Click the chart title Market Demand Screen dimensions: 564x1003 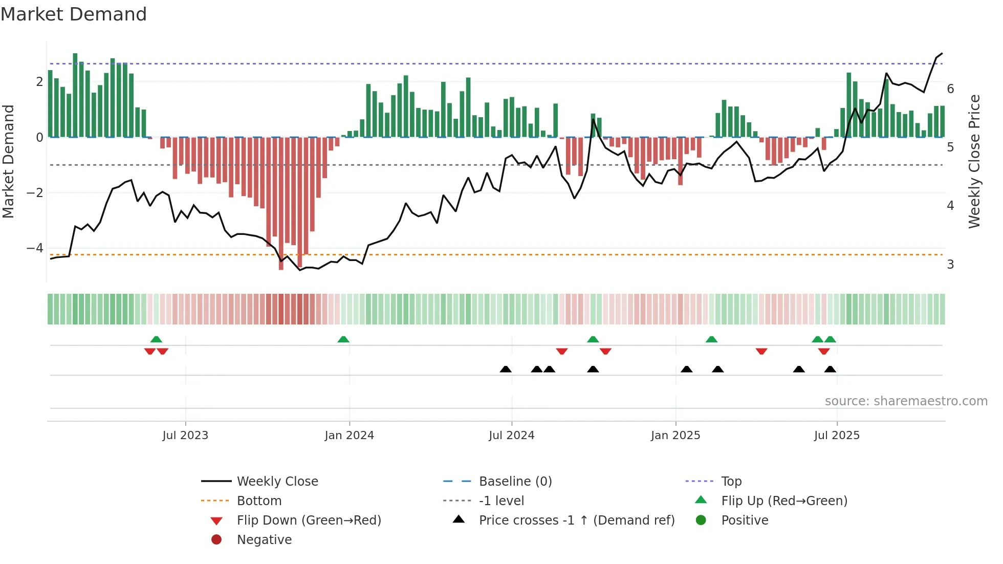click(x=74, y=14)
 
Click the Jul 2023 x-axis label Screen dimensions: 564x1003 click(x=185, y=436)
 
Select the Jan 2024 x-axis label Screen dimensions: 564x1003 click(x=349, y=436)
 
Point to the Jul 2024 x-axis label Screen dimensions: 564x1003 click(x=511, y=436)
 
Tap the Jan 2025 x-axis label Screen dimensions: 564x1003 click(x=675, y=436)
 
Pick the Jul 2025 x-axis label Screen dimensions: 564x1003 click(x=837, y=436)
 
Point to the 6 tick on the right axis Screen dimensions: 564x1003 click(x=950, y=89)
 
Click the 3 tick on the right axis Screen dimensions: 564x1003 click(x=950, y=265)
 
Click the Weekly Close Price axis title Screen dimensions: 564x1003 click(x=974, y=161)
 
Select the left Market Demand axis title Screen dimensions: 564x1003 click(x=8, y=161)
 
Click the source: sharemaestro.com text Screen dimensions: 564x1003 click(x=906, y=401)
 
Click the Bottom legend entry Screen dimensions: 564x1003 click(x=259, y=501)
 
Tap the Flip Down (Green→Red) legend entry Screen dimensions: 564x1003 click(x=309, y=520)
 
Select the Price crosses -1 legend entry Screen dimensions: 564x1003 click(x=576, y=520)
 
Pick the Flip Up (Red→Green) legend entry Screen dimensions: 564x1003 click(x=784, y=501)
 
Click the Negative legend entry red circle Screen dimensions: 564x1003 click(x=216, y=540)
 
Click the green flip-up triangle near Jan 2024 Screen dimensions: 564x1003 click(x=343, y=339)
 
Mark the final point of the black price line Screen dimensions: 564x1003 click(x=942, y=53)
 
